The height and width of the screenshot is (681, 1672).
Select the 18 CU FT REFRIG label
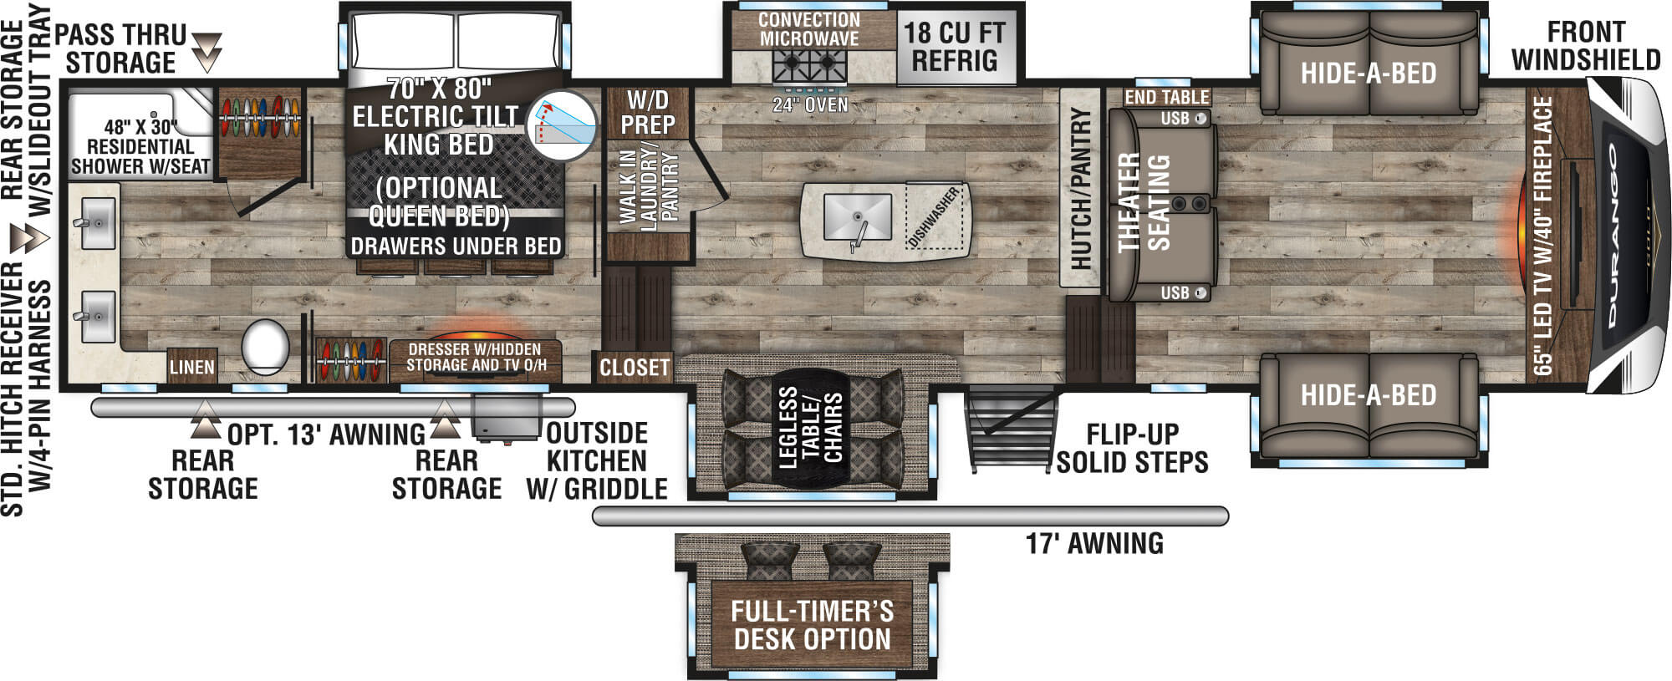[x=954, y=47]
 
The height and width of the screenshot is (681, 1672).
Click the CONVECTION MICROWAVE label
[x=808, y=29]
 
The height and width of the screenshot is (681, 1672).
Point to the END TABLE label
[x=1166, y=97]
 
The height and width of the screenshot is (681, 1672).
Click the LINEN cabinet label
[x=191, y=367]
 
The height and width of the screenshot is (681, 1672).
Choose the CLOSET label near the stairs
[x=635, y=367]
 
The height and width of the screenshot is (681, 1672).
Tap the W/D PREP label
[x=647, y=113]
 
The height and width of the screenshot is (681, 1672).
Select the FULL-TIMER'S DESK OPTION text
[x=812, y=625]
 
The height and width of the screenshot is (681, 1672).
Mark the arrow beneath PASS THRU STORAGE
[x=207, y=52]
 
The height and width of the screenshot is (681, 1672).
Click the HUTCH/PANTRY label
[x=1080, y=188]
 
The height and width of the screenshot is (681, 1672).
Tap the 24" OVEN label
[x=809, y=105]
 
